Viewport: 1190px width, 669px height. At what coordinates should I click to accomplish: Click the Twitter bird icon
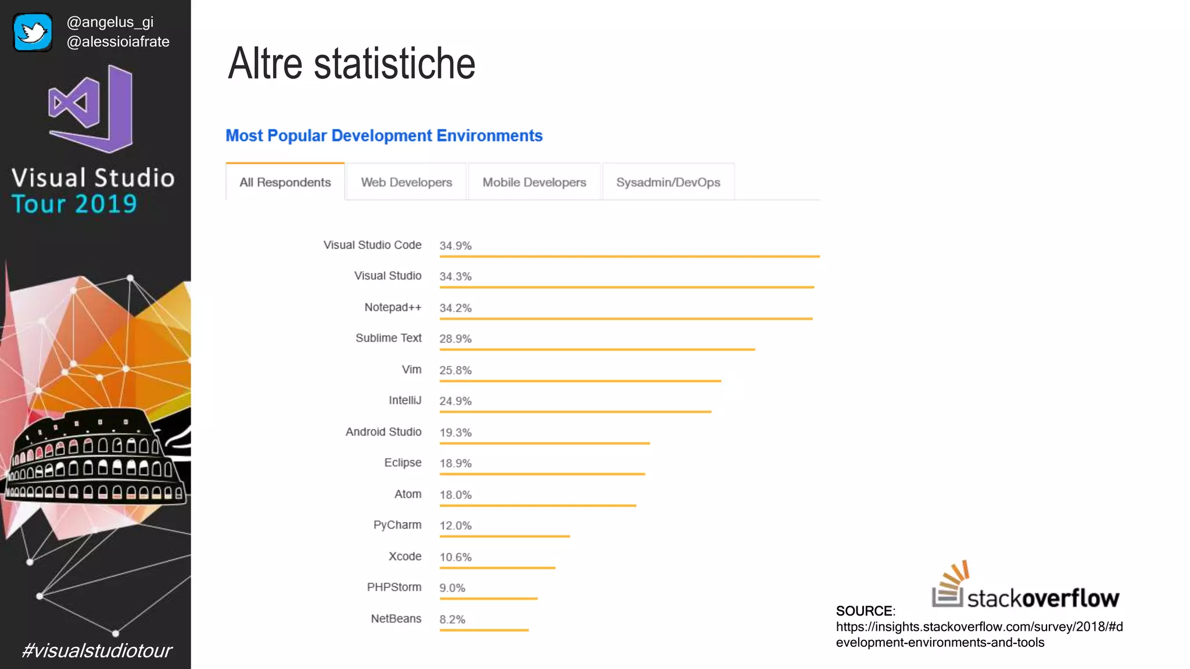tap(33, 33)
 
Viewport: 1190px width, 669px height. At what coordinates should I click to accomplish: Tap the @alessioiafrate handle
tap(118, 42)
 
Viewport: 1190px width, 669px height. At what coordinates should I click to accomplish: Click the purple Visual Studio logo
tap(92, 109)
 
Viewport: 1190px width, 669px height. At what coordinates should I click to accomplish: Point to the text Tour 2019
tap(74, 204)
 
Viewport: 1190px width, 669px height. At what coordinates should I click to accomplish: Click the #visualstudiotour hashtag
tap(96, 650)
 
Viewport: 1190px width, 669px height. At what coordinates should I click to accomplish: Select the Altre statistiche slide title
tap(352, 64)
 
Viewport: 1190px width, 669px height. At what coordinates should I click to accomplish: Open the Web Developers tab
tap(406, 182)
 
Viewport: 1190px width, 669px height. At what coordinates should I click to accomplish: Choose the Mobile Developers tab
tap(534, 182)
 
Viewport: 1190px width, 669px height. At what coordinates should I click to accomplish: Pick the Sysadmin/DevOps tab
tap(668, 182)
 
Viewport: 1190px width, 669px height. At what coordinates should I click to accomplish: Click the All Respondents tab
tap(285, 182)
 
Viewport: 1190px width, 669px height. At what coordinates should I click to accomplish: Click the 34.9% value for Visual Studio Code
tap(455, 246)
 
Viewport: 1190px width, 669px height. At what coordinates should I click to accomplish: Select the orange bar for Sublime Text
tap(597, 350)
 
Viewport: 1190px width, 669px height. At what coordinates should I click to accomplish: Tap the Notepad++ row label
tap(393, 307)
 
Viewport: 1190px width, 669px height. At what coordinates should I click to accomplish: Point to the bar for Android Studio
tap(544, 443)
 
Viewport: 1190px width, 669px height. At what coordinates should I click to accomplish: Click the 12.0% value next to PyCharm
tap(455, 526)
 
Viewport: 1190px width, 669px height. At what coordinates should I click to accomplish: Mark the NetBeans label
tap(396, 619)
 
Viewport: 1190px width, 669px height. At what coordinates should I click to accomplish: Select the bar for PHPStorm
tap(488, 598)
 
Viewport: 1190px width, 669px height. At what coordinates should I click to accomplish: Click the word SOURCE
tap(864, 611)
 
